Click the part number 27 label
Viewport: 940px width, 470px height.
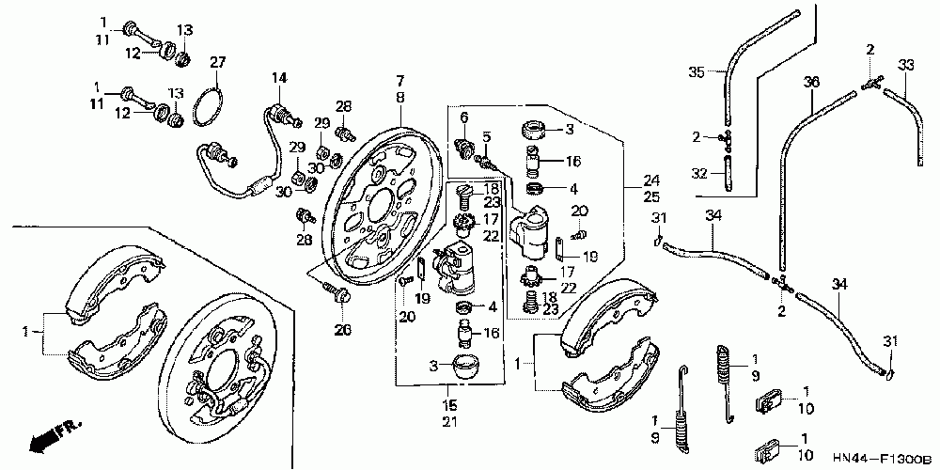click(x=218, y=62)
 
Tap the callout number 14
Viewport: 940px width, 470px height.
click(x=278, y=77)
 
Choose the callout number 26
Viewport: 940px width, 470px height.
click(x=342, y=329)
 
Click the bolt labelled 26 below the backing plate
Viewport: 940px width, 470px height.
click(x=340, y=295)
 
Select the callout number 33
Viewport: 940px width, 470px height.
click(x=906, y=65)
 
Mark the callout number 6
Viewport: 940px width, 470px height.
click(x=464, y=117)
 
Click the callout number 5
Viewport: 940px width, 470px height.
click(x=487, y=136)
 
